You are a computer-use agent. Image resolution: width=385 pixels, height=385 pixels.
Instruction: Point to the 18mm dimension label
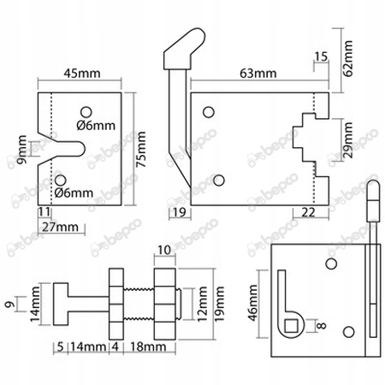(x=153, y=348)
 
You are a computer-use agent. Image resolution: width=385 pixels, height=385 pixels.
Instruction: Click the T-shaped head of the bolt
(x=61, y=303)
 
